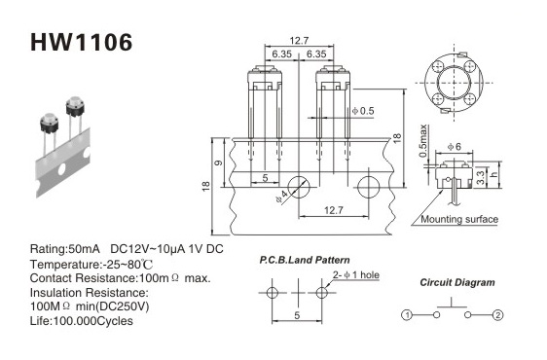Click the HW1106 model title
(x=82, y=42)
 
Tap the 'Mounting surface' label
(x=459, y=220)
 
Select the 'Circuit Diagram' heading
(x=457, y=282)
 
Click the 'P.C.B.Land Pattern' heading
(x=305, y=260)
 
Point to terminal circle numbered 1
(x=407, y=315)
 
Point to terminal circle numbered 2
(x=497, y=315)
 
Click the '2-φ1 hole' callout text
(x=356, y=275)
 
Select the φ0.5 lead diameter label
(x=363, y=111)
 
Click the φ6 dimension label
(x=455, y=147)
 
